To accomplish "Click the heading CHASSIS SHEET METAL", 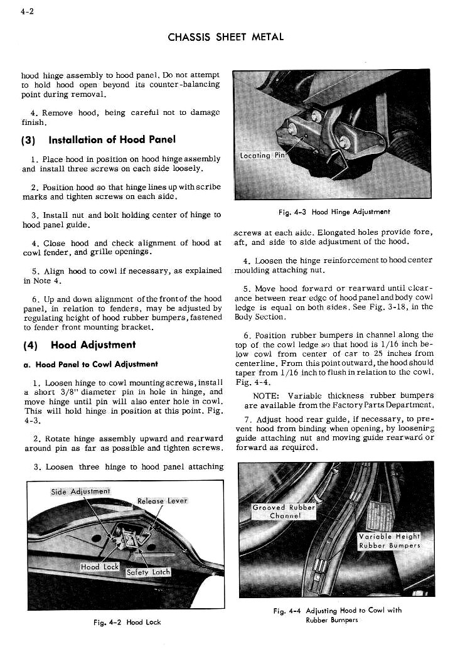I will tap(226, 37).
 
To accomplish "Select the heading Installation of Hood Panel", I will tap(112, 139).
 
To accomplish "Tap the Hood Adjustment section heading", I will tap(93, 345).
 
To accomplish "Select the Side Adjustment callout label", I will tap(80, 491).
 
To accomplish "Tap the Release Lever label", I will tap(162, 501).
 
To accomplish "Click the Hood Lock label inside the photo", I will tap(99, 567).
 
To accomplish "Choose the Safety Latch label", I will tap(148, 572).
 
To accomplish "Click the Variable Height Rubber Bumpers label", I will tap(389, 540).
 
